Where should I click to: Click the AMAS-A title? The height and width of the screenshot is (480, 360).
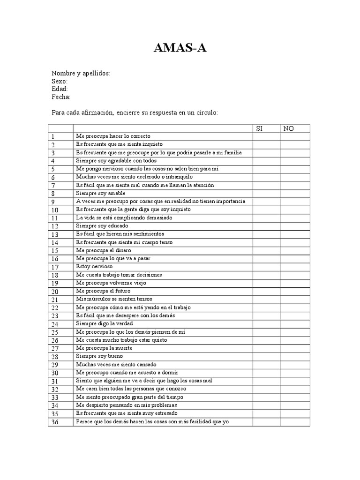point(180,48)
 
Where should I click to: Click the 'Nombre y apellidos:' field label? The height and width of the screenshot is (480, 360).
point(81,74)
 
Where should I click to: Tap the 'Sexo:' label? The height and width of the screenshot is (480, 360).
point(60,82)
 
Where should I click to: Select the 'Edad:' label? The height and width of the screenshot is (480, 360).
point(60,89)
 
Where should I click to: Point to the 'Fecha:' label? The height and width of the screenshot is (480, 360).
point(61,97)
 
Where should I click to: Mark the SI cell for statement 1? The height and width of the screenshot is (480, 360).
point(266,136)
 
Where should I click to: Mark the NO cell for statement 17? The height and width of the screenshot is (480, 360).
point(295,266)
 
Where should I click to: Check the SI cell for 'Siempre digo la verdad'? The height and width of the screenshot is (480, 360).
point(266,323)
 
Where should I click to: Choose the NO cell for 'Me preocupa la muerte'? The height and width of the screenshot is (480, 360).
point(295,348)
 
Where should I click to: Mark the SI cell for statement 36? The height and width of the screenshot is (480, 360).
point(266,422)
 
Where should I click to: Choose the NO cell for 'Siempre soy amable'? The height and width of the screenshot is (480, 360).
point(295,193)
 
